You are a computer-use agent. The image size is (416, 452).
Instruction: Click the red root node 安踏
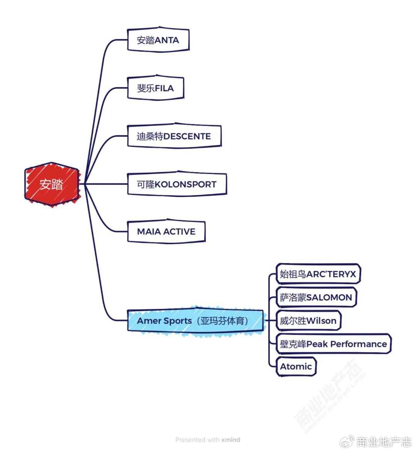pyautogui.click(x=52, y=184)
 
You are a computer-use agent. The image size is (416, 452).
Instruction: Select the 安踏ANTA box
pyautogui.click(x=158, y=40)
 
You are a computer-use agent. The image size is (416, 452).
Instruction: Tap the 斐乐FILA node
pyautogui.click(x=155, y=88)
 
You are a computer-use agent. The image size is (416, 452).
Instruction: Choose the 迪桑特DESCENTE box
pyautogui.click(x=174, y=136)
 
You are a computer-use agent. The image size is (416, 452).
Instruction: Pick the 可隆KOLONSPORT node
pyautogui.click(x=176, y=184)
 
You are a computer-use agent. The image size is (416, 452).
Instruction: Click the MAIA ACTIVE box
pyautogui.click(x=166, y=232)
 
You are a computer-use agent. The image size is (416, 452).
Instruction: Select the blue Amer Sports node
pyautogui.click(x=195, y=320)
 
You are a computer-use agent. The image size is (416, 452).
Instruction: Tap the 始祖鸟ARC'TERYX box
pyautogui.click(x=318, y=274)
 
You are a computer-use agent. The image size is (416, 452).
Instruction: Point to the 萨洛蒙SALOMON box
pyautogui.click(x=316, y=297)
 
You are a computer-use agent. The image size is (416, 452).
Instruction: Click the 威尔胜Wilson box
pyautogui.click(x=308, y=320)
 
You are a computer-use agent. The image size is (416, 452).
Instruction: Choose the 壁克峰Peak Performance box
pyautogui.click(x=333, y=344)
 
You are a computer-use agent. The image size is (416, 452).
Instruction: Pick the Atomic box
pyautogui.click(x=296, y=366)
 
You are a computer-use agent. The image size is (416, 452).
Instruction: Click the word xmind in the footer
pyautogui.click(x=231, y=440)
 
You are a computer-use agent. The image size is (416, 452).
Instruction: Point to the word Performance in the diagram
pyautogui.click(x=358, y=344)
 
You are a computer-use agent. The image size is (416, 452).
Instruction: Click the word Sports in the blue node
pyautogui.click(x=178, y=320)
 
